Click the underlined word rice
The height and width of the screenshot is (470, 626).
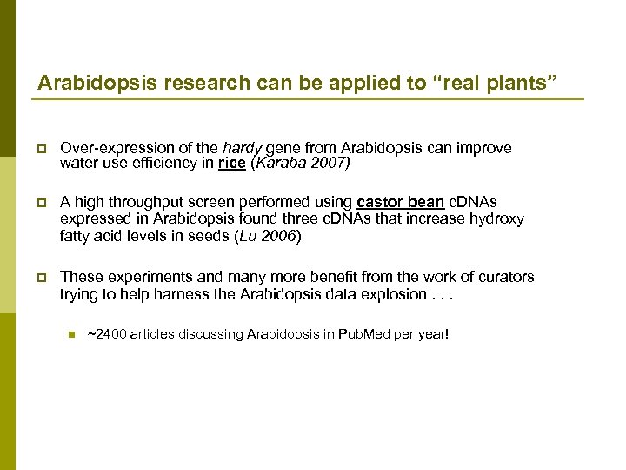tap(231, 163)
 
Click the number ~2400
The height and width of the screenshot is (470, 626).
tap(108, 333)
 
